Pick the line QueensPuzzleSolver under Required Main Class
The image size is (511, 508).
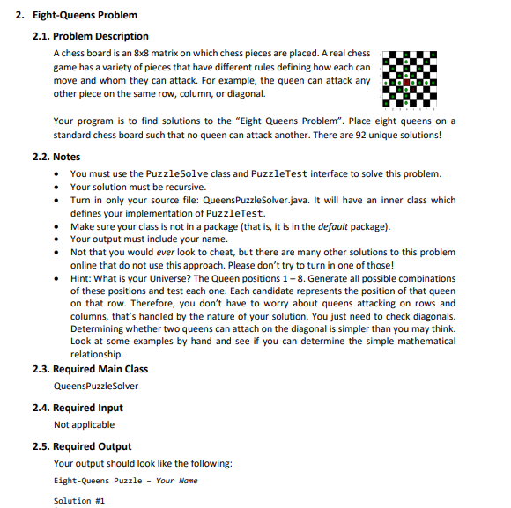pos(96,386)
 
